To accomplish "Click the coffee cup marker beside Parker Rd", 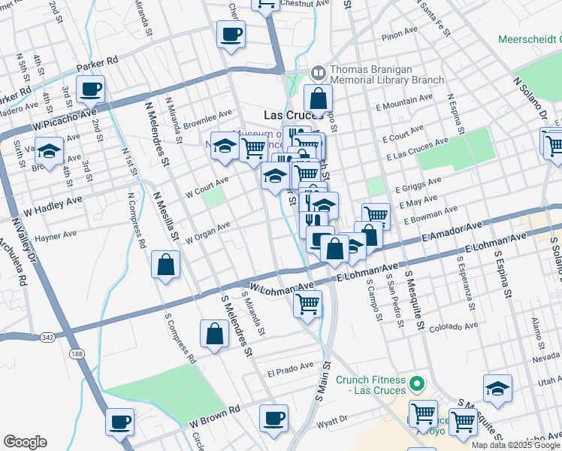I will pos(90,89).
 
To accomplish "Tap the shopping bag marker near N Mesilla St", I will pos(165,265).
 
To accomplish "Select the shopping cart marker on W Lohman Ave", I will pos(307,304).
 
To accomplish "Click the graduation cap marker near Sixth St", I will pos(50,151).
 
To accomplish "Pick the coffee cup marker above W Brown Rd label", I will pos(120,421).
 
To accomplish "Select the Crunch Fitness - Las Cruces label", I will pos(370,385).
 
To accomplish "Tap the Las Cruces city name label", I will pos(292,115).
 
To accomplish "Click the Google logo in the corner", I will pos(25,441).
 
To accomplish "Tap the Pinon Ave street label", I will pos(399,33).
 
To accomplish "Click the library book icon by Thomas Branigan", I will pos(318,73).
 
